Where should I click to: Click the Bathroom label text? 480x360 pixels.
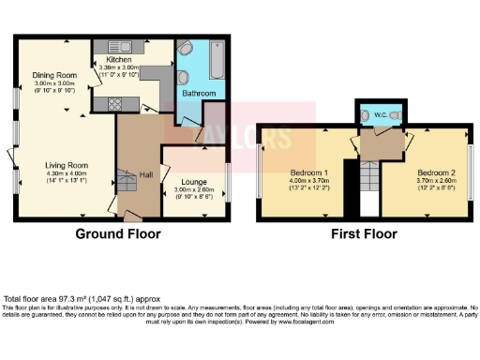pyautogui.click(x=199, y=94)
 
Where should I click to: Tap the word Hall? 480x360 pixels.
pyautogui.click(x=145, y=174)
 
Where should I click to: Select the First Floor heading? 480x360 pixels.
pyautogui.click(x=365, y=233)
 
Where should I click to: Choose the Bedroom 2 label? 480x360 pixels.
pyautogui.click(x=436, y=173)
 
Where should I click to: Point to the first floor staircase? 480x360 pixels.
pyautogui.click(x=367, y=178)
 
